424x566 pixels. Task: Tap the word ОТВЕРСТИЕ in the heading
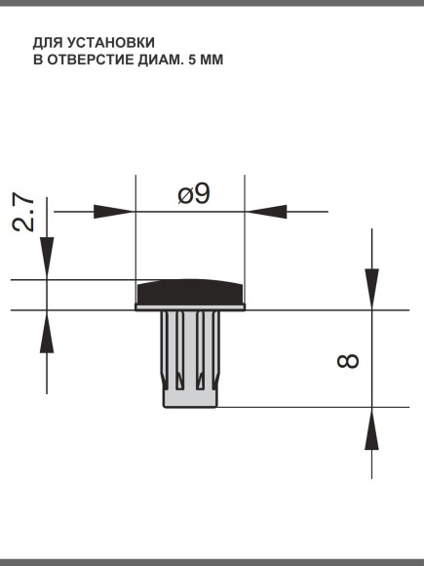(91, 60)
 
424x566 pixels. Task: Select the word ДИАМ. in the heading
(161, 60)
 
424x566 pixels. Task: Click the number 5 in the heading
(192, 60)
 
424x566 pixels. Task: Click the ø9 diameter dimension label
(194, 194)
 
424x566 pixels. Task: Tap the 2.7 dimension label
(23, 212)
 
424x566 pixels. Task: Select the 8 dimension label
(348, 361)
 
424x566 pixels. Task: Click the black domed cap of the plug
(190, 292)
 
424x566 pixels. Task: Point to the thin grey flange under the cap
(190, 307)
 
